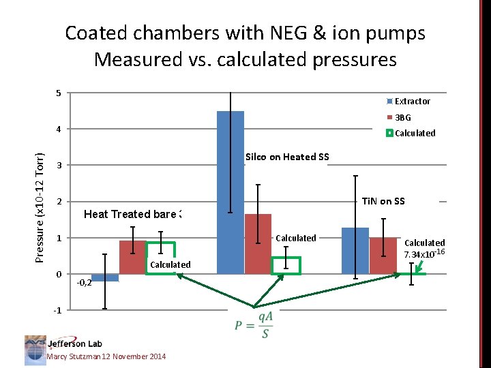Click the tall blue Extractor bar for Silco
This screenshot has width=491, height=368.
(230, 192)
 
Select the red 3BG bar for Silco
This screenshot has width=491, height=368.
(258, 244)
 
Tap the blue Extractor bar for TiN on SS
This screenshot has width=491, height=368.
(355, 251)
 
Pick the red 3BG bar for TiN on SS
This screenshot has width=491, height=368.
(383, 256)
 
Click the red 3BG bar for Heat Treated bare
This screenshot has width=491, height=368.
(132, 257)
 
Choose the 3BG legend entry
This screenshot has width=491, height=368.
(402, 117)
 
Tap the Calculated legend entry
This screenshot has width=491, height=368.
(411, 133)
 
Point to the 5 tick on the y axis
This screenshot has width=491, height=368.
(59, 93)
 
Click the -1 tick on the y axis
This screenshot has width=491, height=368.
(58, 311)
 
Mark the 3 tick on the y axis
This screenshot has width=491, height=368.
(59, 166)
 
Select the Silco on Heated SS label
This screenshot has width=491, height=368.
(287, 157)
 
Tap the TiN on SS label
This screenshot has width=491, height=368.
(383, 201)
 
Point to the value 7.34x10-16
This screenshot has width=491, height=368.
(424, 254)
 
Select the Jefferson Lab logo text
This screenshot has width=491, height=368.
(74, 344)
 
